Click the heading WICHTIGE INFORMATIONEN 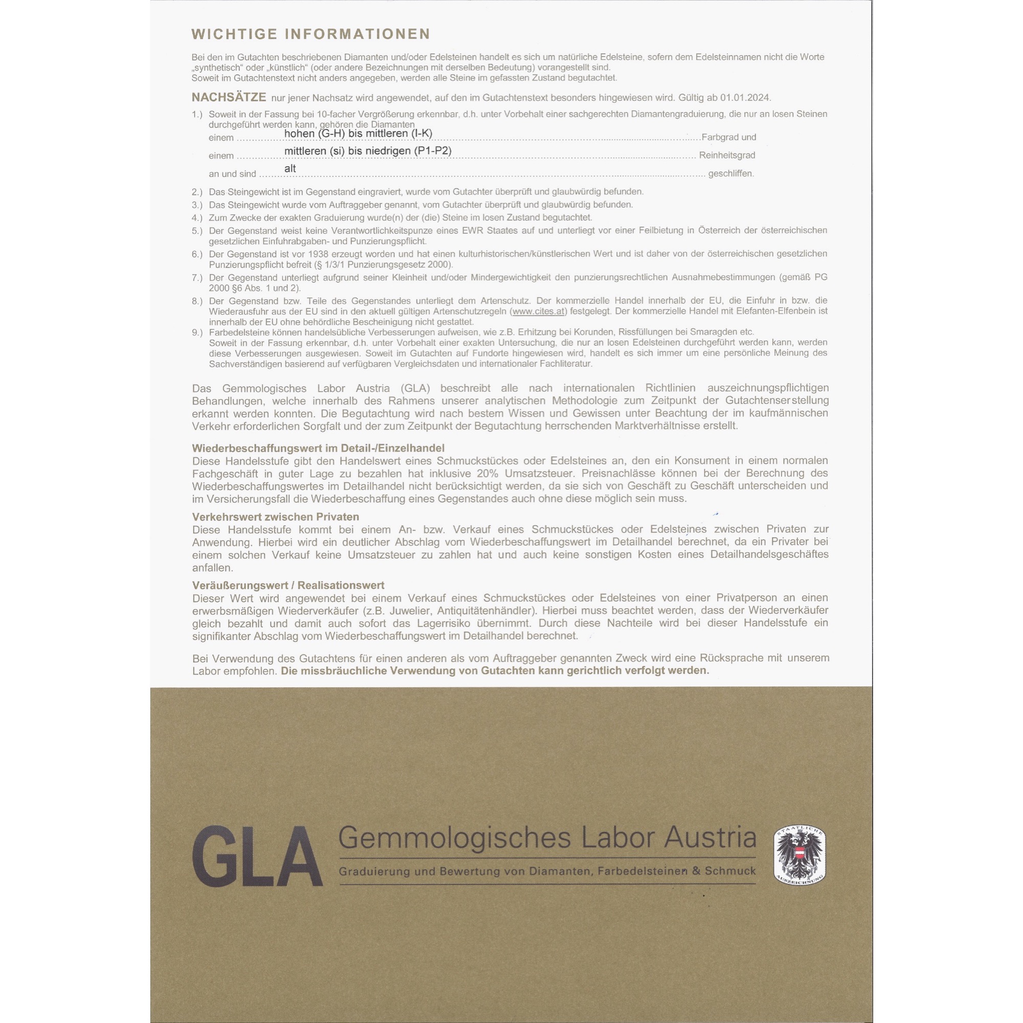311,34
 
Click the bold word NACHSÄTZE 229,97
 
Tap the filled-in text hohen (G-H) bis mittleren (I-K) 358,134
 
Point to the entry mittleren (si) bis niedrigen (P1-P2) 367,151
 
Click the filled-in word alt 290,168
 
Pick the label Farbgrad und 728,137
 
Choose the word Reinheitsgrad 727,155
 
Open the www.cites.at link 538,312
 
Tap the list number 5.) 197,231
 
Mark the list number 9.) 197,332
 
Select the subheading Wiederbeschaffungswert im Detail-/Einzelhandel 318,448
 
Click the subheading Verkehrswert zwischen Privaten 275,517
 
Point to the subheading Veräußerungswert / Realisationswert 288,585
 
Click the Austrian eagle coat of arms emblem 800,855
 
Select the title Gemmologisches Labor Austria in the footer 547,838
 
